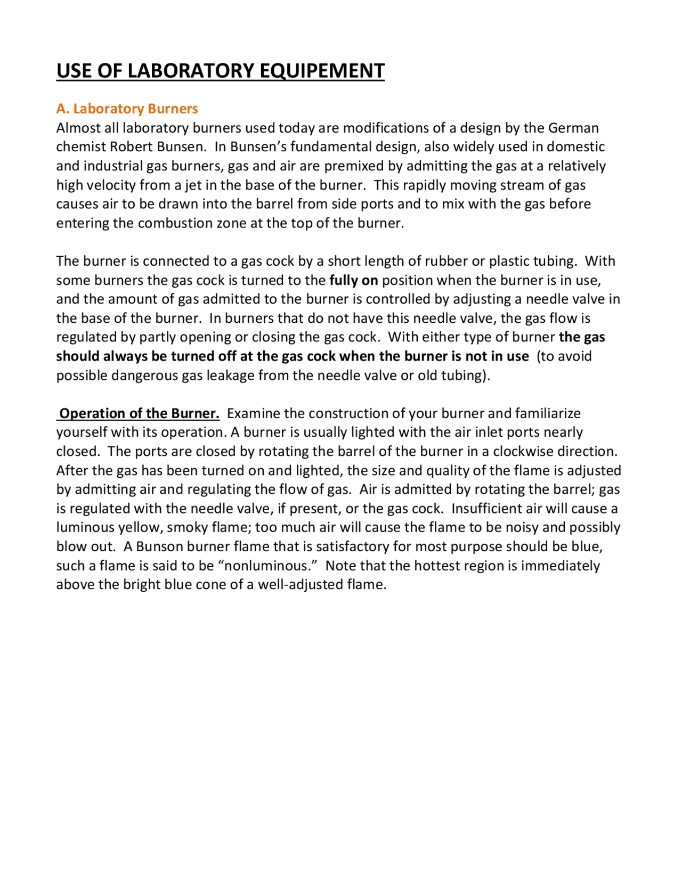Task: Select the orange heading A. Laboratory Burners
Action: pos(127,109)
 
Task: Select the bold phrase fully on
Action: pos(353,280)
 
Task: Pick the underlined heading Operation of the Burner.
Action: pos(139,413)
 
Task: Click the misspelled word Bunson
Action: pos(158,546)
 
